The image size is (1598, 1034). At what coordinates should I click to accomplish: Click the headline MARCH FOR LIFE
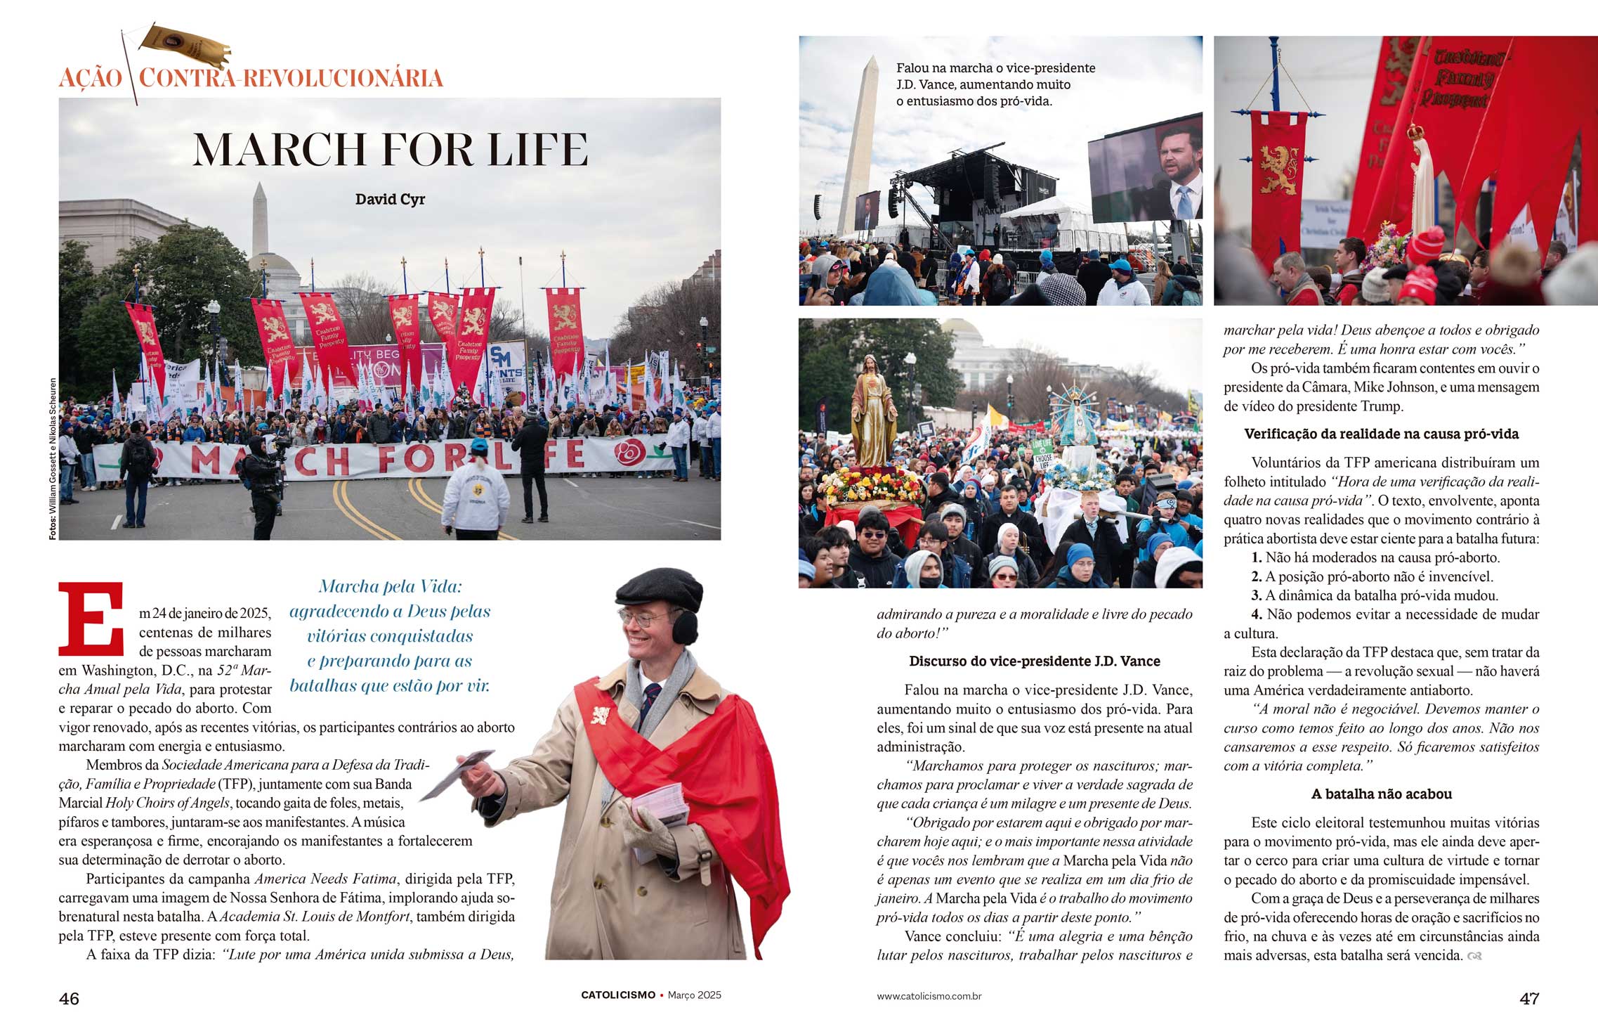click(391, 149)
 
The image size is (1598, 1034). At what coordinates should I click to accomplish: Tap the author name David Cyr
click(390, 200)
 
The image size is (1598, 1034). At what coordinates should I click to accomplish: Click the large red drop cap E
click(91, 619)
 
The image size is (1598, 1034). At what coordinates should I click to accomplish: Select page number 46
click(69, 999)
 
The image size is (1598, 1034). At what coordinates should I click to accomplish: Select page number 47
click(1529, 999)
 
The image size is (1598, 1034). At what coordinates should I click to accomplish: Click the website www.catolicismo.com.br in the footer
click(929, 996)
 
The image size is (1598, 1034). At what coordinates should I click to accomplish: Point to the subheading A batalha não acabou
click(1381, 794)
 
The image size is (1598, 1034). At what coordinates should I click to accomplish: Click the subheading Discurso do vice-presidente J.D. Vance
click(1034, 661)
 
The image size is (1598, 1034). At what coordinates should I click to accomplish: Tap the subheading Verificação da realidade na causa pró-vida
click(1381, 434)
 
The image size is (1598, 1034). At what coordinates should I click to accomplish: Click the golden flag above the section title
click(184, 46)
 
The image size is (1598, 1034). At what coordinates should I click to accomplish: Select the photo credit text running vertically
click(53, 459)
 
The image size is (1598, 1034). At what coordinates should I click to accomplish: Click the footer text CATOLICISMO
click(617, 995)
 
